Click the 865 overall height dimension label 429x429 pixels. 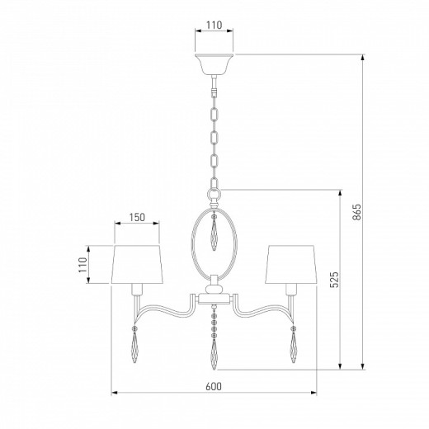pos(356,212)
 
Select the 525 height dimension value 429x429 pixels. pos(334,280)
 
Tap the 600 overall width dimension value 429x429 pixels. pos(214,386)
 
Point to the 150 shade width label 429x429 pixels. pos(137,217)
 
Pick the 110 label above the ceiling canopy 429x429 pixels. pos(214,25)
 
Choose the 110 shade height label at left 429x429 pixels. pos(82,265)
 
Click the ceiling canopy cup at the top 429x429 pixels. pos(214,64)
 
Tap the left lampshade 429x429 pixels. pos(137,264)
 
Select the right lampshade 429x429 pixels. pos(291,264)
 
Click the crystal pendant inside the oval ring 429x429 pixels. pos(214,233)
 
